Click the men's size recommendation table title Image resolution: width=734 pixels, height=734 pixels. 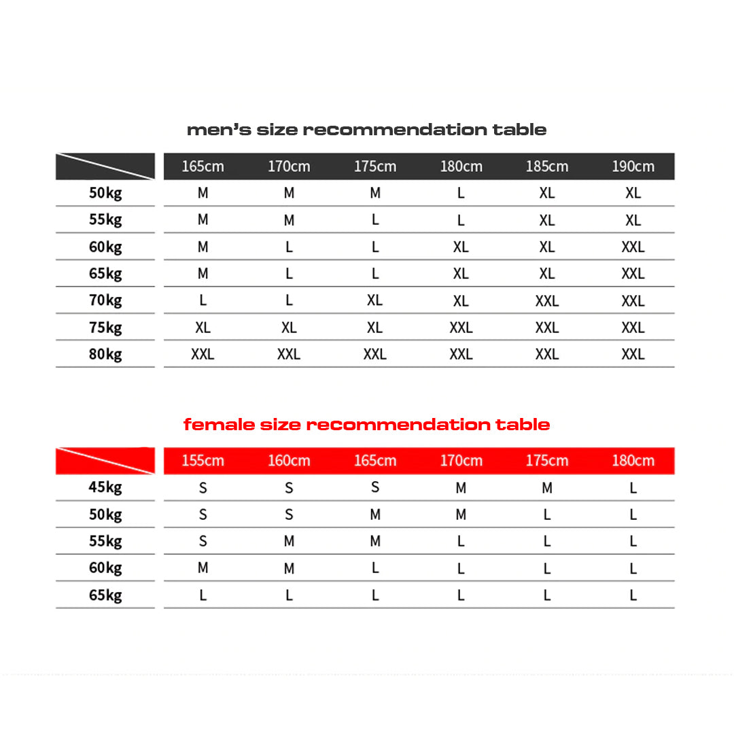(x=366, y=129)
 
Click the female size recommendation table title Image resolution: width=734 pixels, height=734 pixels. (x=366, y=425)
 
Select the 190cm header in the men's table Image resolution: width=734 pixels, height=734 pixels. (x=633, y=167)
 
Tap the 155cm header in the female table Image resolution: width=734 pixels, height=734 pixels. (x=203, y=461)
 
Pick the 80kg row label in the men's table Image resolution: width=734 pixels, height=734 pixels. (x=105, y=354)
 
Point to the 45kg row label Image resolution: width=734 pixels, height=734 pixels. (x=105, y=487)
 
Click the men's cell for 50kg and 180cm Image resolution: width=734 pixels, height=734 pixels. (x=461, y=193)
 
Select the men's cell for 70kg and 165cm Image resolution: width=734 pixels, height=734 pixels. (x=203, y=300)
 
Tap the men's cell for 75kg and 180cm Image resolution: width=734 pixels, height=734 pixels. (x=461, y=328)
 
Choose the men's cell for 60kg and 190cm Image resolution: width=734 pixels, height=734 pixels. (x=633, y=247)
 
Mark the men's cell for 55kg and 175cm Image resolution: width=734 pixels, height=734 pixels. (x=375, y=220)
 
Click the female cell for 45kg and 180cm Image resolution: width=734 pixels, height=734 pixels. (x=633, y=488)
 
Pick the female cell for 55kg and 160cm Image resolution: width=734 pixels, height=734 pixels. (x=289, y=542)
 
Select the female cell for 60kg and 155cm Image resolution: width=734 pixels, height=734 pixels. (x=203, y=568)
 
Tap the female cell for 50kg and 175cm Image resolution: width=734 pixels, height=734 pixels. (x=547, y=515)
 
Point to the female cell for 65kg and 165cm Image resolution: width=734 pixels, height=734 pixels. (x=375, y=595)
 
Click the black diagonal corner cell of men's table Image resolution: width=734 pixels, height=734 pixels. (x=105, y=167)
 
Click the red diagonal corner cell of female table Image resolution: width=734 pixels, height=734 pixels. (x=105, y=461)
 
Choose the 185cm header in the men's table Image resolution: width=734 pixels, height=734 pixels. (x=547, y=167)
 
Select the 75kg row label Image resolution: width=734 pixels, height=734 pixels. (x=105, y=328)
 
